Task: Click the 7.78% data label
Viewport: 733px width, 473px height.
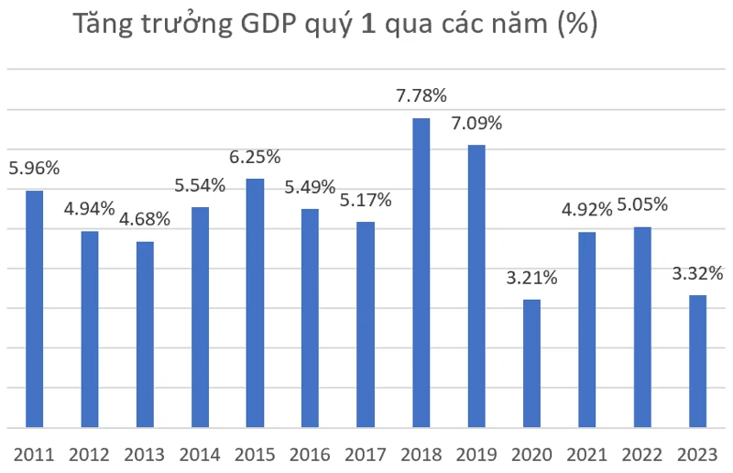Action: pos(421,95)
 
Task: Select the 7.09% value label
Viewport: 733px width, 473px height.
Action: pos(476,122)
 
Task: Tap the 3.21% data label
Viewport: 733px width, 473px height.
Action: pos(531,276)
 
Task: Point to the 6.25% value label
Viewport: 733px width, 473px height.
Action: pos(255,157)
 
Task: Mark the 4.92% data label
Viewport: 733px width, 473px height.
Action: pos(587,210)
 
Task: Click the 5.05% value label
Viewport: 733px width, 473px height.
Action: pos(642,204)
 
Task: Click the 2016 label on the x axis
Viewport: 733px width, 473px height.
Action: pos(310,454)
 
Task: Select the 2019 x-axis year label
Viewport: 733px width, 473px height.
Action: pos(476,454)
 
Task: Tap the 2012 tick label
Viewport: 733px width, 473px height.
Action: pos(90,454)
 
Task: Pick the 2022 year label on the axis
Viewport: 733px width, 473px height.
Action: pos(642,454)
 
